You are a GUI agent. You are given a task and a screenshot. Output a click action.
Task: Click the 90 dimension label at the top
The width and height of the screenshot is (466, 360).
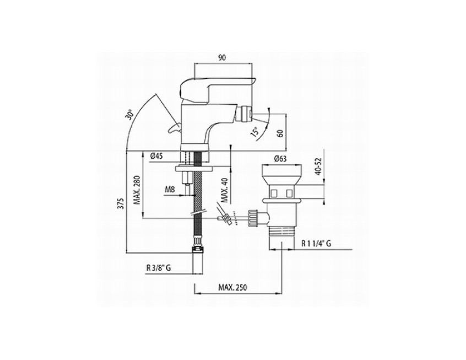[x=223, y=58]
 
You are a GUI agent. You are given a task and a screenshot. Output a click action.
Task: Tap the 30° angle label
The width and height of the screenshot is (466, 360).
[x=129, y=114]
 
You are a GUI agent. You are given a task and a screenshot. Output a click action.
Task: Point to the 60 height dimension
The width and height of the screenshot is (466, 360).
[x=280, y=133]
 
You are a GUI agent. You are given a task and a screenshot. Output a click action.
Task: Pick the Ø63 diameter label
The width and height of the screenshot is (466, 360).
[x=280, y=159]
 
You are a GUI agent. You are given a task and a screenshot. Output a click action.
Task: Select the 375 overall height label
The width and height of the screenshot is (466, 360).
[x=121, y=204]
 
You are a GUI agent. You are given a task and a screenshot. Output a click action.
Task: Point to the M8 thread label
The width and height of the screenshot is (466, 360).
[x=170, y=189]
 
